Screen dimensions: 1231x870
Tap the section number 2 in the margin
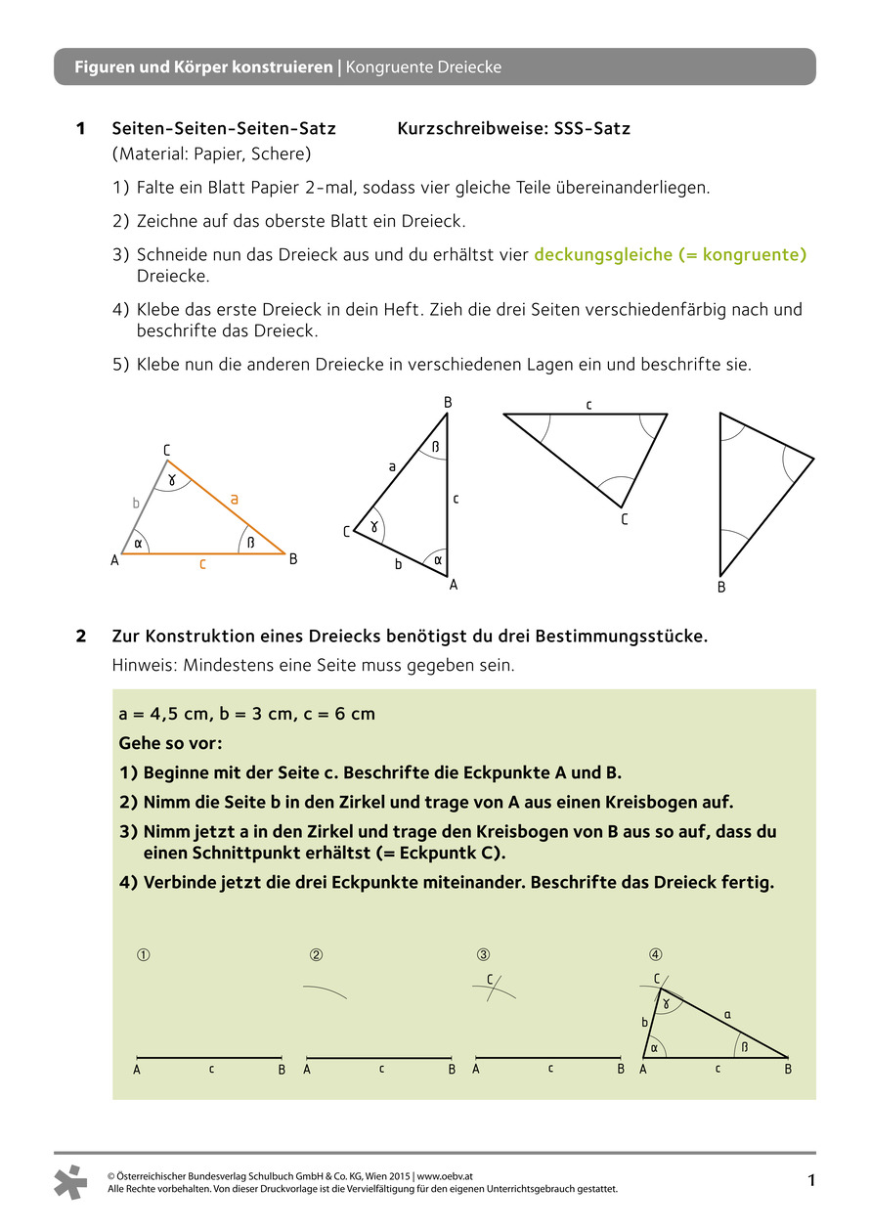click(82, 637)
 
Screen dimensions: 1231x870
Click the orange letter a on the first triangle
click(234, 499)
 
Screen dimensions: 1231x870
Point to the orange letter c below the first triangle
click(202, 564)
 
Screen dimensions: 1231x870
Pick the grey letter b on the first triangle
click(136, 504)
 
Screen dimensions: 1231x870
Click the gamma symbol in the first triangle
click(172, 479)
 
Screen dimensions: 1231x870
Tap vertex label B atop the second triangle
click(448, 402)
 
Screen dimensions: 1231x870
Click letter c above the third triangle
click(588, 403)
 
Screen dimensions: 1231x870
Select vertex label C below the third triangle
click(624, 520)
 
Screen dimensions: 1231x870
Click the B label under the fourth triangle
click(721, 588)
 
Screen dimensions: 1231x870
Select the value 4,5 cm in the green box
click(171, 714)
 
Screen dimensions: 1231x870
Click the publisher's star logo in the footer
click(71, 1181)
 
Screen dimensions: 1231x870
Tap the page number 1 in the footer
click(810, 1181)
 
